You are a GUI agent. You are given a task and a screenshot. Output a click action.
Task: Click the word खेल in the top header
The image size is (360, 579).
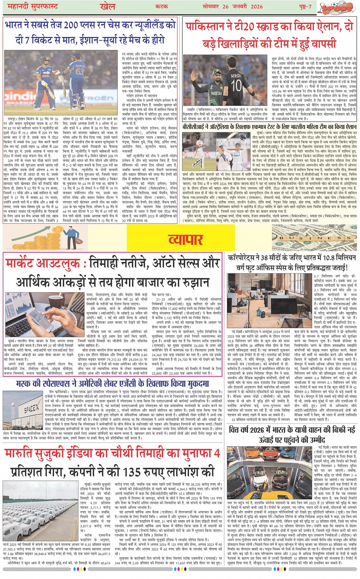click(108, 6)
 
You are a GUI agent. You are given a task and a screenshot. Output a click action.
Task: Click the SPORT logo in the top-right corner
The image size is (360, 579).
click(336, 7)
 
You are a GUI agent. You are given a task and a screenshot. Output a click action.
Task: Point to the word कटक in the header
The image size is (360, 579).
click(162, 6)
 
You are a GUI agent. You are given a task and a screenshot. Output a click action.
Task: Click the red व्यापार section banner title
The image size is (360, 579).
click(186, 239)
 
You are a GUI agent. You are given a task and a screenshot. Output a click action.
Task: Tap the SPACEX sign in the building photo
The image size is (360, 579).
click(31, 409)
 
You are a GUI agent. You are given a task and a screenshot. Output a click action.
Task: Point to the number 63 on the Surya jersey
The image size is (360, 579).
click(80, 71)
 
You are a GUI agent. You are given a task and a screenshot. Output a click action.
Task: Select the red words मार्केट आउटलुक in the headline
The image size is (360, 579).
click(43, 263)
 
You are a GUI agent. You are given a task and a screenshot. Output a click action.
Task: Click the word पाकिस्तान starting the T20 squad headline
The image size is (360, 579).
click(208, 27)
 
